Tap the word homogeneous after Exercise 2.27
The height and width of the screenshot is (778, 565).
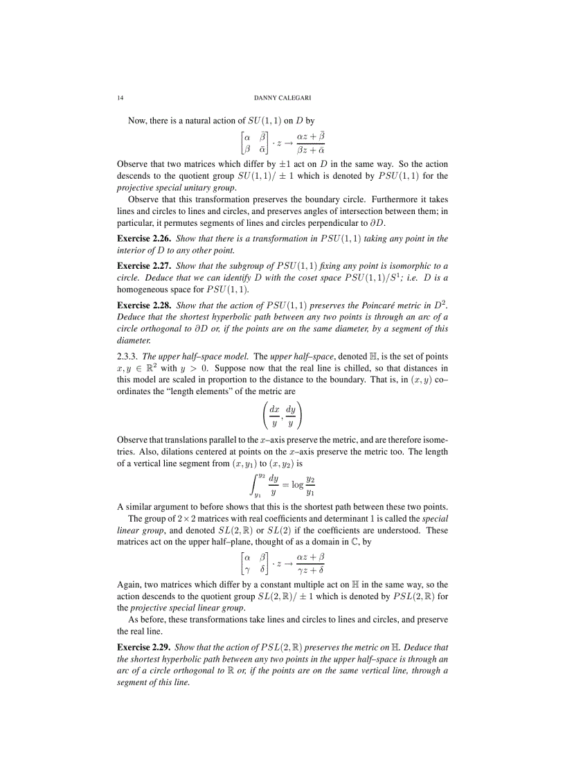[147, 290]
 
